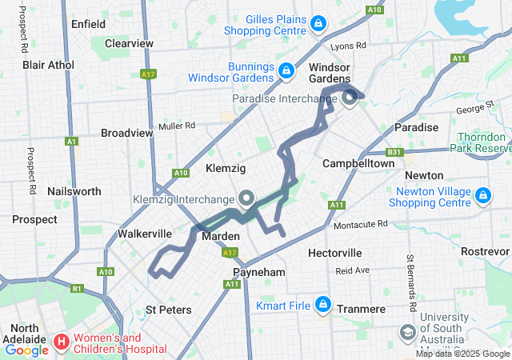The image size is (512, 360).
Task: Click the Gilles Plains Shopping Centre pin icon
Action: (319, 24)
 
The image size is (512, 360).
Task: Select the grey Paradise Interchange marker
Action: (350, 98)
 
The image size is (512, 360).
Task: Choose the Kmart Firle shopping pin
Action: (323, 305)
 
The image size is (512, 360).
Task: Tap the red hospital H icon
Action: (61, 342)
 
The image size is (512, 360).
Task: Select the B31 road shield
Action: (394, 151)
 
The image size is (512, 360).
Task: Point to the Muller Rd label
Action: (177, 126)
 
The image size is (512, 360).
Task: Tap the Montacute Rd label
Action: (360, 224)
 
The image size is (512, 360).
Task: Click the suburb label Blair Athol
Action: (48, 65)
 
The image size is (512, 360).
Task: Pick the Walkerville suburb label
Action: (145, 234)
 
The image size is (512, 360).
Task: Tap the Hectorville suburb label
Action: (335, 253)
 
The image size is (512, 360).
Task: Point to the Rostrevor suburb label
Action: (485, 251)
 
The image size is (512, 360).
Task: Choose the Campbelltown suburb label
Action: (358, 163)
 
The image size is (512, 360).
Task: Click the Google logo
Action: (26, 350)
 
